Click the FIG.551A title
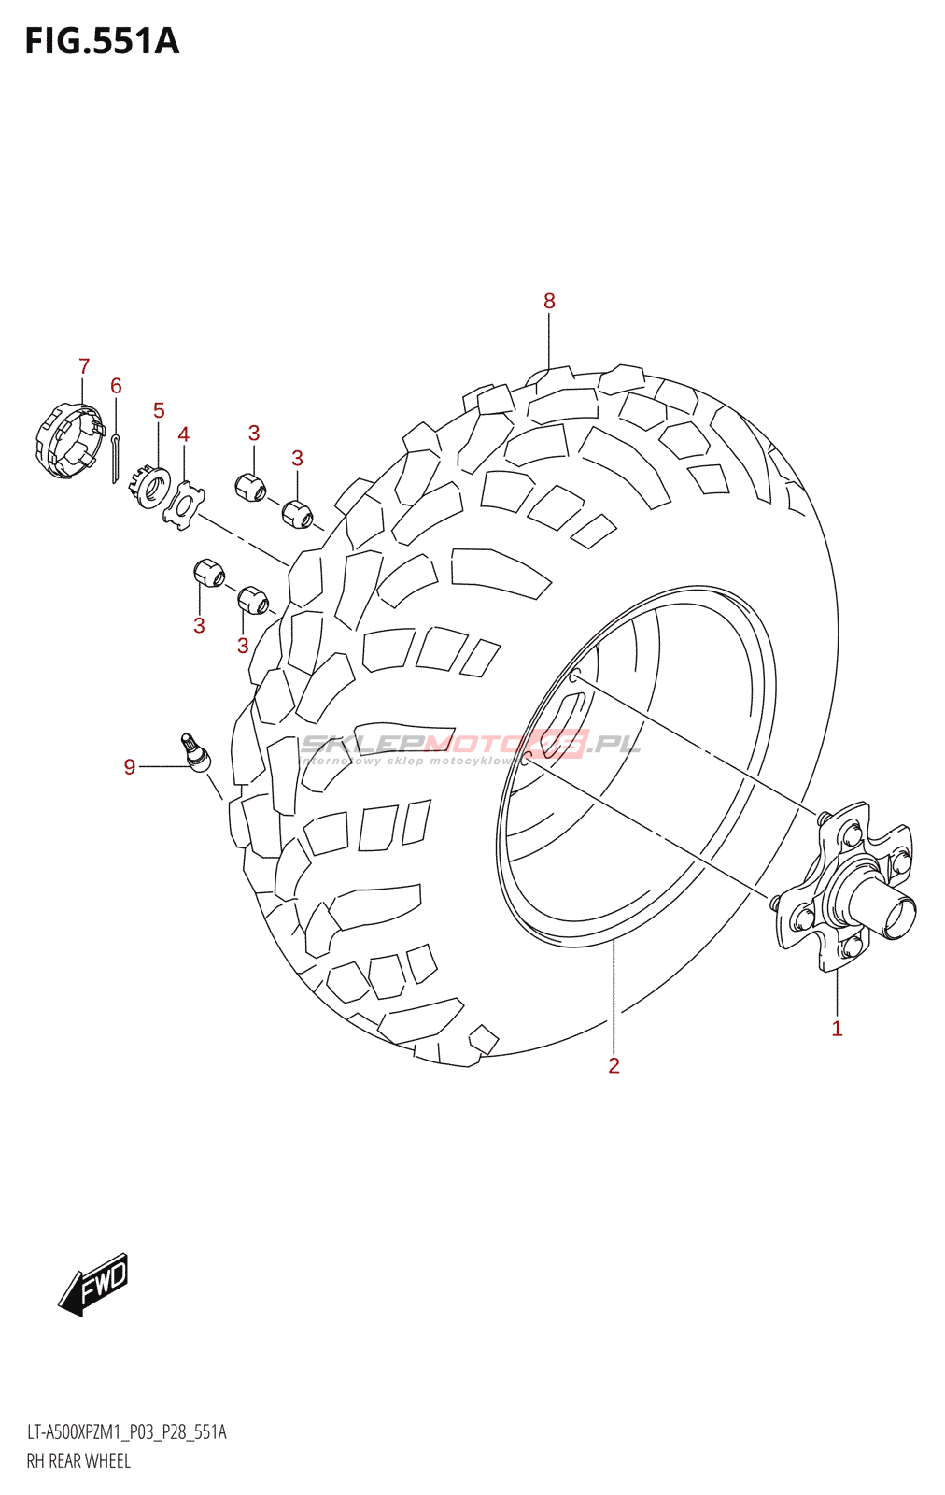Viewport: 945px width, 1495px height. (x=102, y=42)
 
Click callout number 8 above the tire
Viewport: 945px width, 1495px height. (x=549, y=301)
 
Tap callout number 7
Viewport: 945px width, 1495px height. (x=84, y=366)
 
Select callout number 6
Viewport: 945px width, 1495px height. (x=116, y=386)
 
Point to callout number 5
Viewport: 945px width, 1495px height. (x=159, y=410)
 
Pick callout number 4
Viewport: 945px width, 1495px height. (x=184, y=434)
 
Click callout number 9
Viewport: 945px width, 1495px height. (x=130, y=767)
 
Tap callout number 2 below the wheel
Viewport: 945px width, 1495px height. (x=614, y=1065)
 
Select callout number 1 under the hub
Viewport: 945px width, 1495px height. (x=837, y=1029)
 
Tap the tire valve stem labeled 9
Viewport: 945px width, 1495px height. (x=195, y=751)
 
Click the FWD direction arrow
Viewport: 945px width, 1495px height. (x=94, y=1285)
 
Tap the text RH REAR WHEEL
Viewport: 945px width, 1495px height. (x=78, y=1461)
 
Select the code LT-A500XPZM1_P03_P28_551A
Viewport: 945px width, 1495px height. (x=126, y=1432)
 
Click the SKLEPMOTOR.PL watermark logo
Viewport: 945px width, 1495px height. (x=470, y=746)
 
